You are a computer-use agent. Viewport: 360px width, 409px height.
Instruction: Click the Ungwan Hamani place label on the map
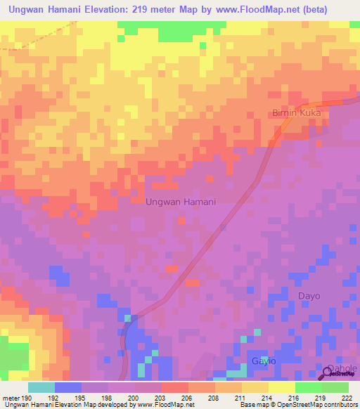(x=180, y=201)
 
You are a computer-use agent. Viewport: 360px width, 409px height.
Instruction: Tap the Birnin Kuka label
(x=297, y=112)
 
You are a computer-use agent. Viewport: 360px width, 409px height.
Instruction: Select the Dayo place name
(x=309, y=296)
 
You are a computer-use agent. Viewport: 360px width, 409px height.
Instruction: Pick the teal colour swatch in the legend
(x=41, y=387)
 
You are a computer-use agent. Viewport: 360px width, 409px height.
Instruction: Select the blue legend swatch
(x=68, y=387)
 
